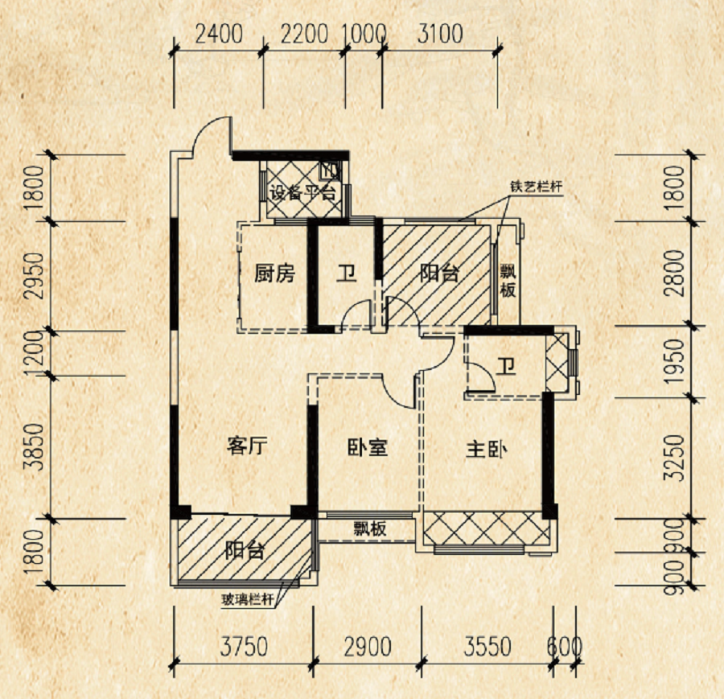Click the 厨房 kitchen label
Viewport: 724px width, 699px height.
pos(274,273)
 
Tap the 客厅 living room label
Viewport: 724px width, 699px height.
pos(246,447)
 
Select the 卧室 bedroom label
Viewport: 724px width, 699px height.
pos(368,447)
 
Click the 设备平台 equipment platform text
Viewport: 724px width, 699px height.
pos(302,193)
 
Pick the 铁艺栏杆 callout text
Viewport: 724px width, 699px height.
pos(535,187)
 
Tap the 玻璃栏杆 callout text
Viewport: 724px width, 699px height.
pos(249,599)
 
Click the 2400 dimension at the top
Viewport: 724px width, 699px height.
pos(220,35)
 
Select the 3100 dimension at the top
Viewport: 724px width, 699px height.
pos(440,35)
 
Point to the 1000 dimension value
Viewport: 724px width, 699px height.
pos(364,35)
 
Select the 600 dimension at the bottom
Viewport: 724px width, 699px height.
pos(564,646)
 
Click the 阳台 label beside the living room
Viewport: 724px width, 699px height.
pos(244,552)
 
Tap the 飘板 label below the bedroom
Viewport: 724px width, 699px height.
pos(371,529)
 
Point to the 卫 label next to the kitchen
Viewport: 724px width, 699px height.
pos(346,273)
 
